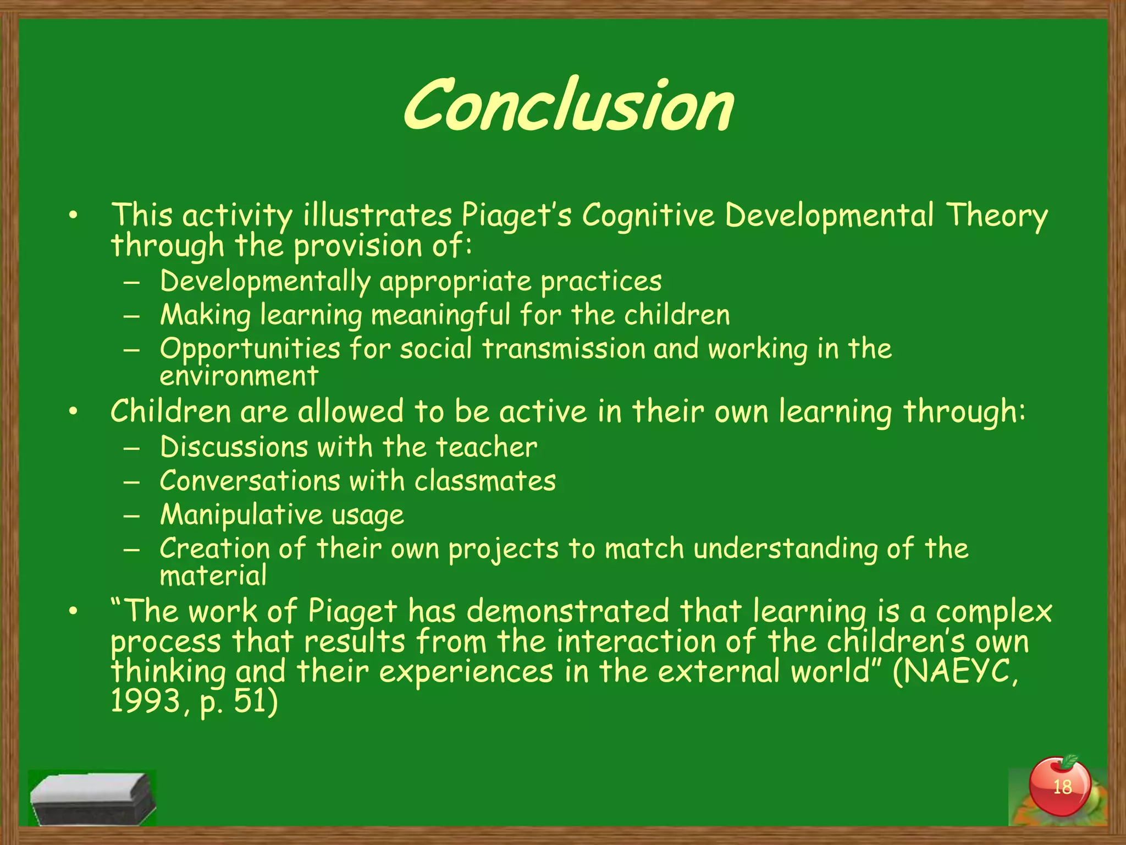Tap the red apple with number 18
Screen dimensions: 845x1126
pyautogui.click(x=1059, y=787)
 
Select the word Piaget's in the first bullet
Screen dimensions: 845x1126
pyautogui.click(x=516, y=215)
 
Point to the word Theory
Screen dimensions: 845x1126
pyautogui.click(x=996, y=215)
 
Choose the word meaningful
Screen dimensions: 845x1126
pyautogui.click(x=440, y=316)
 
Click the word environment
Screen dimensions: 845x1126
pyautogui.click(x=239, y=376)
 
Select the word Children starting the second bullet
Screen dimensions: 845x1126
pyautogui.click(x=170, y=411)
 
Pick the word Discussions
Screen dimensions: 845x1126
pyautogui.click(x=234, y=447)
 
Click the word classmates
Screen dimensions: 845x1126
pyautogui.click(x=485, y=481)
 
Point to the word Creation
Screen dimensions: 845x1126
pyautogui.click(x=215, y=548)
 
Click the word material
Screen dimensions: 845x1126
pyautogui.click(x=213, y=576)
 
